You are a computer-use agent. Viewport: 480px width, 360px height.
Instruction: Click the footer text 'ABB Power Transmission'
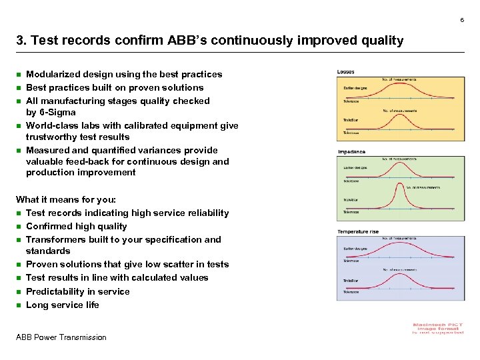coord(61,337)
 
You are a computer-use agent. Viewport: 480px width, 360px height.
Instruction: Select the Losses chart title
coord(346,71)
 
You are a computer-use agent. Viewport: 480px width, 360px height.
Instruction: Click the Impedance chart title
coord(351,151)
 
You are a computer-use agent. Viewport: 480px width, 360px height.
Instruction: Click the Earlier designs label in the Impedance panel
coord(355,167)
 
